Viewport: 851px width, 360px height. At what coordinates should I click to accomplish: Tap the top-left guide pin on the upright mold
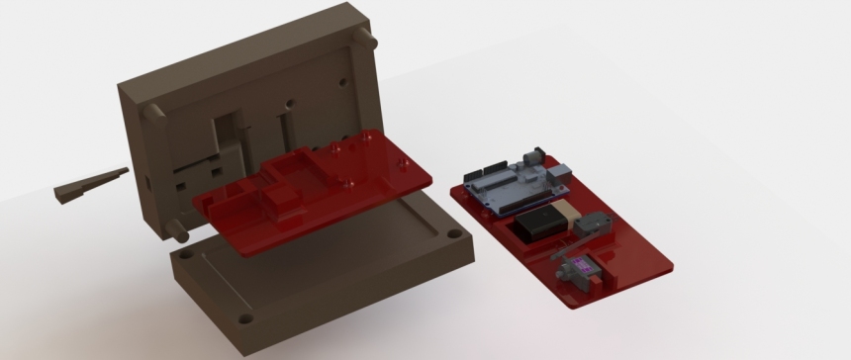coord(153,110)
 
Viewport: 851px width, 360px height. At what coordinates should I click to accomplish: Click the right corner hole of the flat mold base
coord(453,235)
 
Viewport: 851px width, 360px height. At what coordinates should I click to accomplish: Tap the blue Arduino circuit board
coord(515,184)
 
